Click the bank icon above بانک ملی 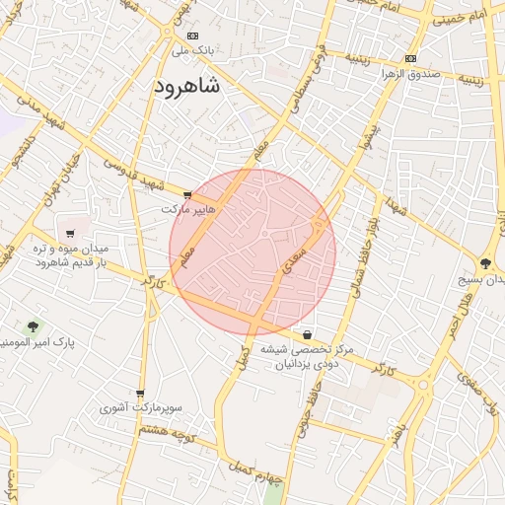(192, 36)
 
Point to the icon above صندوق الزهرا (410, 58)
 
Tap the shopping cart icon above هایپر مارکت (187, 194)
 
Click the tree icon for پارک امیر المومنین (34, 325)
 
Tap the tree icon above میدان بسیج (485, 262)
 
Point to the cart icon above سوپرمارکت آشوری (140, 393)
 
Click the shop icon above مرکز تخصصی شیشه (308, 333)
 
